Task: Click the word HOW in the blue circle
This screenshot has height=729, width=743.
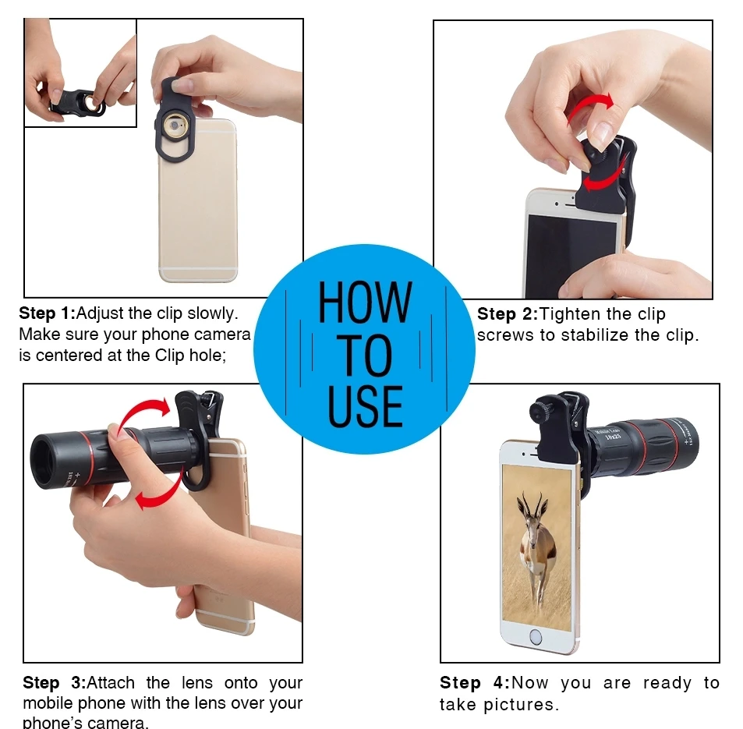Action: [364, 302]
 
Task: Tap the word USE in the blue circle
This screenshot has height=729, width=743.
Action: [366, 406]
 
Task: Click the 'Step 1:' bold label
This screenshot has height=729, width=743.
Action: [48, 313]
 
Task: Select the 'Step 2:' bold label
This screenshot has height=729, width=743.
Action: [508, 313]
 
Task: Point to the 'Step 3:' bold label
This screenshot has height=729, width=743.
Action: [55, 682]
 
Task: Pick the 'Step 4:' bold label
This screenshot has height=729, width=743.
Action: [475, 683]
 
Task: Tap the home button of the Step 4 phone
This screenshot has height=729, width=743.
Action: [536, 636]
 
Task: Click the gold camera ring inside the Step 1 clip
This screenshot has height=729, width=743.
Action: [175, 126]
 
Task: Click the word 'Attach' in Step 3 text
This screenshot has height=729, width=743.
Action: [111, 682]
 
